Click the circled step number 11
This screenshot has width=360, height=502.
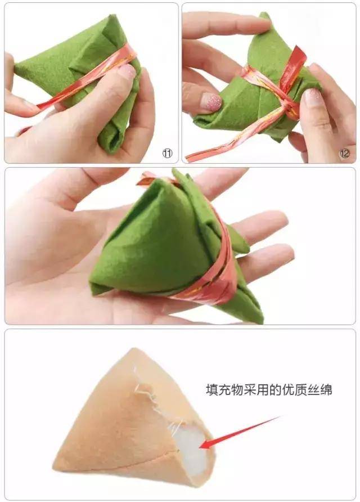tap(167, 153)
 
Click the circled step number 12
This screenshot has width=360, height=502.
tap(345, 153)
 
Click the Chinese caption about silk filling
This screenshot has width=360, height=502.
tap(269, 390)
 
